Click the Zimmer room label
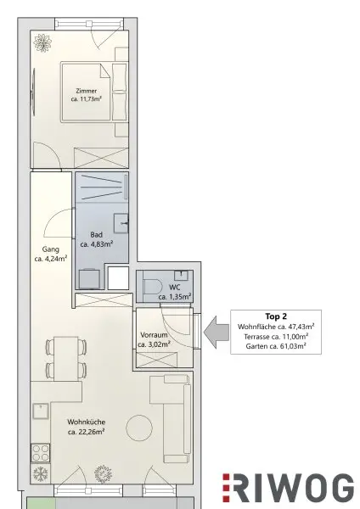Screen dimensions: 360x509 [x=86, y=91]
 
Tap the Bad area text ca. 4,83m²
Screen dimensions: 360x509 [x=97, y=244]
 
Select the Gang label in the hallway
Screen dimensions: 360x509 [x=51, y=249]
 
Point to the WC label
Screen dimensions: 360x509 [x=174, y=288]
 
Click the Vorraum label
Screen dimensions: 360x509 [x=154, y=335]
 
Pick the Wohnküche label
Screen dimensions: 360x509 [x=86, y=422]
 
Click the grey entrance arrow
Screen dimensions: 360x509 [x=217, y=333]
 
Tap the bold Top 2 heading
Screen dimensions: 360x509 [x=276, y=316]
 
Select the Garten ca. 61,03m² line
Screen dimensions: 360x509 [x=276, y=346]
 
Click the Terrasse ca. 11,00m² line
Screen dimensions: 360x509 [x=276, y=336]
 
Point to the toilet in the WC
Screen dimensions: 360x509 [x=154, y=288]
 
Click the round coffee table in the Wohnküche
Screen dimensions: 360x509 [x=139, y=428]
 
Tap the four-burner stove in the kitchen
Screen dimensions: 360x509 [x=41, y=453]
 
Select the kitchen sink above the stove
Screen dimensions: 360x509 [x=40, y=411]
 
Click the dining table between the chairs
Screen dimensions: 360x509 [x=66, y=359]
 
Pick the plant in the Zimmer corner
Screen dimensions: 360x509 [x=42, y=43]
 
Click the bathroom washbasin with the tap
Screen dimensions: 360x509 [x=121, y=222]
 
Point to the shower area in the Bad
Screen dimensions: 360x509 [x=102, y=187]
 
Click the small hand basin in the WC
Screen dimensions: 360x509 [x=181, y=275]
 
